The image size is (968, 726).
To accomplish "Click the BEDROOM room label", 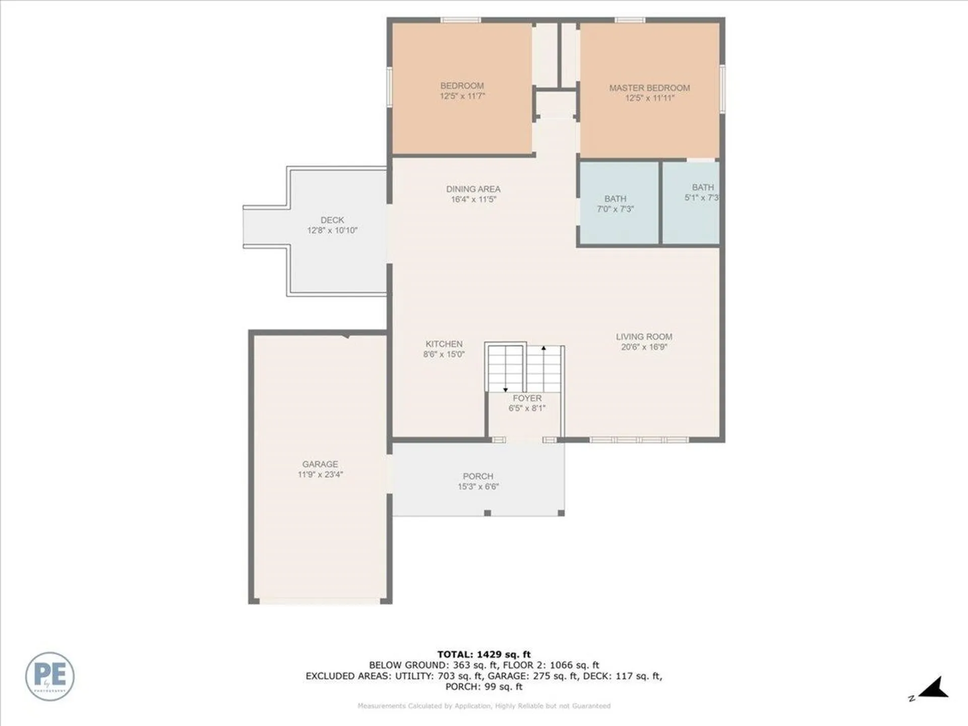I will click(x=462, y=86).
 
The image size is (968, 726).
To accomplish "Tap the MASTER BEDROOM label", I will click(x=649, y=88).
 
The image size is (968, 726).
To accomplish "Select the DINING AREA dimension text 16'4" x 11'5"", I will click(x=473, y=200).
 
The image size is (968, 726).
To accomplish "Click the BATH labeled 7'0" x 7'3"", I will click(x=615, y=204).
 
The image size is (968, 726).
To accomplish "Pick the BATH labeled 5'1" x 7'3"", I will click(x=702, y=193).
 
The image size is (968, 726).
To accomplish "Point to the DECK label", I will click(x=332, y=220).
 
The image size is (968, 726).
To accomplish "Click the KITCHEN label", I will click(x=444, y=344).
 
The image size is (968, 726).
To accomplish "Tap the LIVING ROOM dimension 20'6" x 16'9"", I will click(x=644, y=347).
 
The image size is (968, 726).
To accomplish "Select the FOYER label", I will click(x=527, y=398).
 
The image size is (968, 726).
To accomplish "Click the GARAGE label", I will click(x=320, y=464).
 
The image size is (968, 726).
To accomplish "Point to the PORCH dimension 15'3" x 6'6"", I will click(x=478, y=487).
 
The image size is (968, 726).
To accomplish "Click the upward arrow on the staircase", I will click(x=543, y=348).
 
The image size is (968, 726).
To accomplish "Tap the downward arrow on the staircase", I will click(x=506, y=389).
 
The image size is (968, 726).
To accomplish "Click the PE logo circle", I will click(x=50, y=676).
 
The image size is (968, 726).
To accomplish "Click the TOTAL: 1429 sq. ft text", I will click(x=483, y=655).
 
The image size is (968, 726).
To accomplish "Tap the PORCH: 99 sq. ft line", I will click(x=483, y=687).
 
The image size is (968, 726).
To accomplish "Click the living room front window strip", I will click(x=639, y=440).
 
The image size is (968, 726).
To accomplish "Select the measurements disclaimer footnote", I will click(x=483, y=706).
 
